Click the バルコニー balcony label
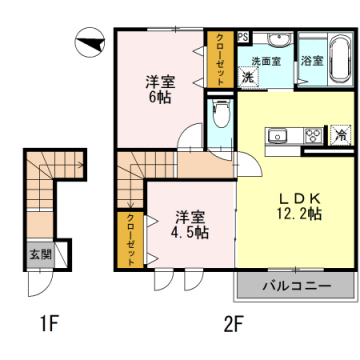[x=296, y=287]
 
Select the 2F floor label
[x=233, y=323]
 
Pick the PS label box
[x=242, y=38]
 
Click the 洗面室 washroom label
[x=266, y=61]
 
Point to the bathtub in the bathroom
[x=312, y=75]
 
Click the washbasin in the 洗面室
[x=277, y=41]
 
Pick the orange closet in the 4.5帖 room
[x=129, y=240]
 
